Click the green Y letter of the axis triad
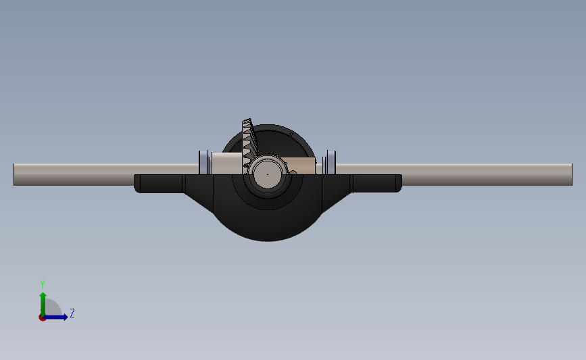point(43,284)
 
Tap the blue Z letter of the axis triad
point(72,313)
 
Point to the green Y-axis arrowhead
point(43,296)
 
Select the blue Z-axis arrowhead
point(66,317)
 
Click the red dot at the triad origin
point(42,318)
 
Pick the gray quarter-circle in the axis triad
point(53,307)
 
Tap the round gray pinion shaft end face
point(268,174)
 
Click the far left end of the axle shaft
point(14,174)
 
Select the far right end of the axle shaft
point(571,174)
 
